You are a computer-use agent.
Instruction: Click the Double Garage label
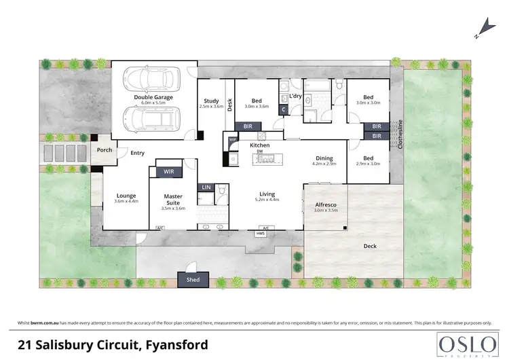[x=153, y=97]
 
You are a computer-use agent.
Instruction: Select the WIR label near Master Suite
[x=169, y=172]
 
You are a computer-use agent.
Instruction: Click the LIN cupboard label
[x=205, y=187]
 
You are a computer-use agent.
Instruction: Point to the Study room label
[x=211, y=100]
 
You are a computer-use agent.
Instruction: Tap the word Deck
[x=369, y=246]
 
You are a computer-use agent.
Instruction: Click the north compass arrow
[x=483, y=27]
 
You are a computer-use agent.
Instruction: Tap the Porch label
[x=105, y=150]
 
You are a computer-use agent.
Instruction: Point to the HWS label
[x=260, y=234]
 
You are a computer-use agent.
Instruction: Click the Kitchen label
[x=260, y=146]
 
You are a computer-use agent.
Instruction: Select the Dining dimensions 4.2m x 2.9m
[x=324, y=164]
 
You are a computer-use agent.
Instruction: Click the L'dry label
[x=295, y=96]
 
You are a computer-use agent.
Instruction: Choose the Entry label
[x=138, y=153]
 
